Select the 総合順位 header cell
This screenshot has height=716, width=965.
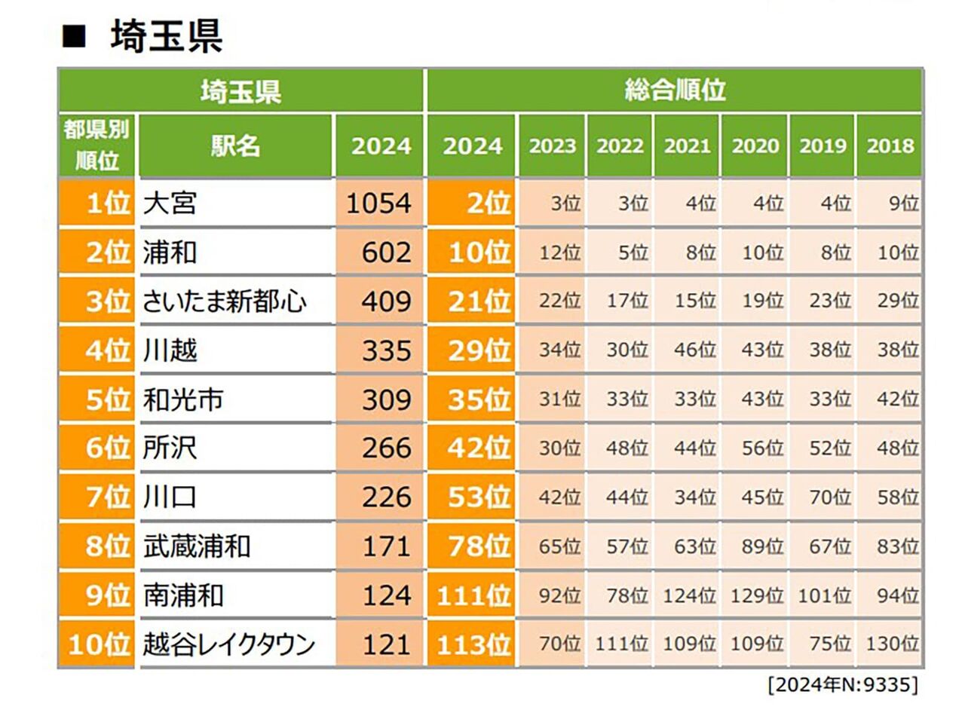[x=675, y=90]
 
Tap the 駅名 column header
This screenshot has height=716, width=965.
[x=236, y=145]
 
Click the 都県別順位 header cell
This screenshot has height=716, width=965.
[x=96, y=145]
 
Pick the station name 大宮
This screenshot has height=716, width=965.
[x=170, y=203]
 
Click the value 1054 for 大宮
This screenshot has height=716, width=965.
[x=378, y=203]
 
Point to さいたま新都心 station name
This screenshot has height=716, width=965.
[x=225, y=301]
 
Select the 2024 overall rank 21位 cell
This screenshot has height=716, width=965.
[x=472, y=301]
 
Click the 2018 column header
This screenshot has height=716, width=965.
[x=890, y=146]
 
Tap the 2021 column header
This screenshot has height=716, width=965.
[x=687, y=146]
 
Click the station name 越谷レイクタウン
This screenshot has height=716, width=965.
[x=229, y=645]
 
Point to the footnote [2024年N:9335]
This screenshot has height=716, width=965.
[x=843, y=685]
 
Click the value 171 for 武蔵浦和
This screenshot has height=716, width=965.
[x=386, y=546]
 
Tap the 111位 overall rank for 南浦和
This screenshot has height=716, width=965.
[x=473, y=596]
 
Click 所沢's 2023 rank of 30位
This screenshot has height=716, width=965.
[x=559, y=448]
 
